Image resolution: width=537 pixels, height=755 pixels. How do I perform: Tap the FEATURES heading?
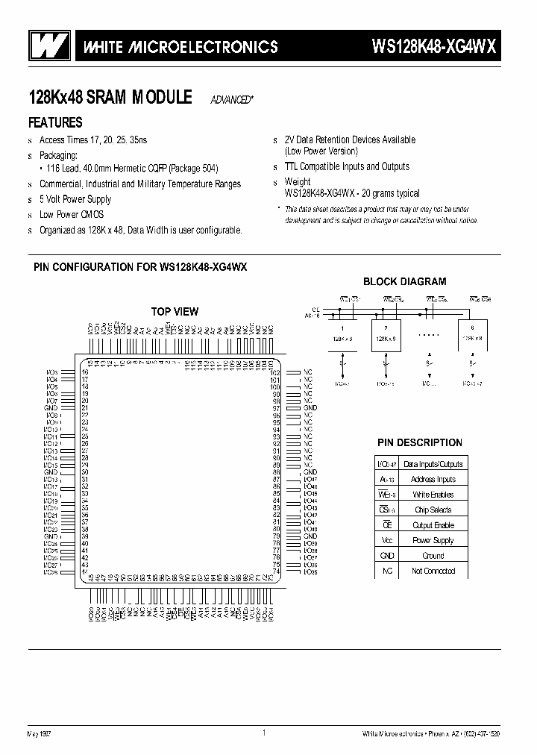[x=55, y=122]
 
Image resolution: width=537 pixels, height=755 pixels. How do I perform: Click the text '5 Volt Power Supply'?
[x=75, y=199]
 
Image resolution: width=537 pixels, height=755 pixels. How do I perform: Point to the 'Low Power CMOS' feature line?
[x=71, y=215]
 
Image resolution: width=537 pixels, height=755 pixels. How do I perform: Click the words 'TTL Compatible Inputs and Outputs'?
[x=347, y=166]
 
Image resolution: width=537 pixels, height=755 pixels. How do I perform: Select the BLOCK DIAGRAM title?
[x=404, y=281]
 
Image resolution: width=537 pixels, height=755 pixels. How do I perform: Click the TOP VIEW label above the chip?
[x=175, y=311]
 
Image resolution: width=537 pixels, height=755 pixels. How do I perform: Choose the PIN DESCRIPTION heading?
[x=420, y=442]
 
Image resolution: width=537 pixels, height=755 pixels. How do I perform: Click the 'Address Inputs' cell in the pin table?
[x=433, y=479]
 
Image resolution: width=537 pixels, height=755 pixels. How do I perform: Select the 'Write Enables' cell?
[x=433, y=495]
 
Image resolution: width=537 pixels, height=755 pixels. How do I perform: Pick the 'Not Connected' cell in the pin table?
[x=433, y=571]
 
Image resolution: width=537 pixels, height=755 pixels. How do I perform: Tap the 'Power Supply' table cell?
[x=433, y=540]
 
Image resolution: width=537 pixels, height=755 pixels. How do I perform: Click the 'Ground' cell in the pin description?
[x=433, y=556]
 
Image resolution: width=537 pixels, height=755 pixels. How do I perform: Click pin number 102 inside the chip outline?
[x=274, y=372]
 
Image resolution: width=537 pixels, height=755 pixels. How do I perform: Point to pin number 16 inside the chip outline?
[x=86, y=372]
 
